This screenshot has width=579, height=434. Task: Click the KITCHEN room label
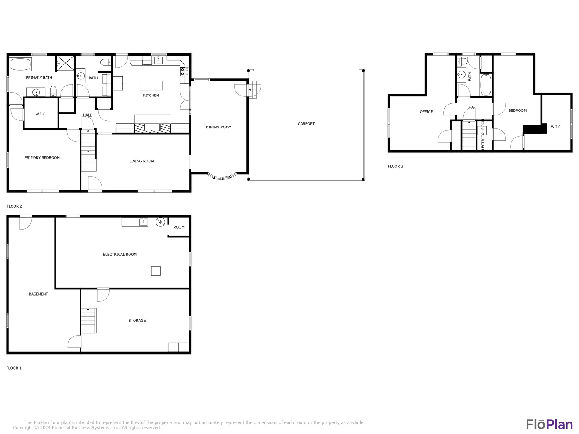pyautogui.click(x=151, y=95)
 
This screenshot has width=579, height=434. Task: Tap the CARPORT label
pyautogui.click(x=306, y=123)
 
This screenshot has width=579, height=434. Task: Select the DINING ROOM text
pyautogui.click(x=218, y=127)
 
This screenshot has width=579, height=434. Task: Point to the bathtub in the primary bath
pyautogui.click(x=20, y=64)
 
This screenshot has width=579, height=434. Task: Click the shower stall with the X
pyautogui.click(x=65, y=63)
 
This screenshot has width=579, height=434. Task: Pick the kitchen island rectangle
pyautogui.click(x=151, y=86)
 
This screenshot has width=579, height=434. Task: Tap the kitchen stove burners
pyautogui.click(x=185, y=72)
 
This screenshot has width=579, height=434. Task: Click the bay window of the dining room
pyautogui.click(x=222, y=176)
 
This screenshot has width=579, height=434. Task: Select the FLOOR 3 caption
pyautogui.click(x=395, y=166)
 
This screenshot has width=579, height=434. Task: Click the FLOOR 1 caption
pyautogui.click(x=14, y=368)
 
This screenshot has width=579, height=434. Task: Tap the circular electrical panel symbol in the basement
pyautogui.click(x=160, y=222)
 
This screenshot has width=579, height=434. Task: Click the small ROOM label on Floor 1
pyautogui.click(x=179, y=227)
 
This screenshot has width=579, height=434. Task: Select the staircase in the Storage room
pyautogui.click(x=89, y=321)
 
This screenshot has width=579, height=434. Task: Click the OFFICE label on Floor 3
pyautogui.click(x=426, y=112)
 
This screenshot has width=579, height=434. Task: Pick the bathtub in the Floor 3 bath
pyautogui.click(x=486, y=84)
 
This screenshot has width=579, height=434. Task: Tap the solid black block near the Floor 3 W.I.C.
pyautogui.click(x=535, y=129)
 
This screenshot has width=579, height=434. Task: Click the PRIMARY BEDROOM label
pyautogui.click(x=42, y=157)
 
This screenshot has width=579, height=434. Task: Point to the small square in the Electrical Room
pyautogui.click(x=156, y=271)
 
